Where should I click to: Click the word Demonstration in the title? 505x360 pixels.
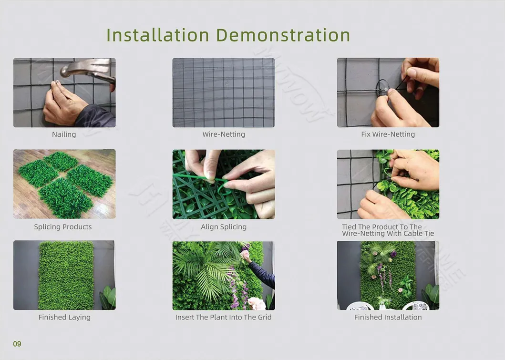click(283, 35)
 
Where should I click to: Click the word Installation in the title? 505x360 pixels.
click(158, 35)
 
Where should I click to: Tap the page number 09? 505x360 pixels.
click(17, 344)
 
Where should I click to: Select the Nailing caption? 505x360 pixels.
click(64, 134)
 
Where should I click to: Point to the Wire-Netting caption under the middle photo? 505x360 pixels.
click(224, 134)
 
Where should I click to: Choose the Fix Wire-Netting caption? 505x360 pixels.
click(388, 134)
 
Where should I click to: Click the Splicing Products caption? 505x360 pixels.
click(63, 226)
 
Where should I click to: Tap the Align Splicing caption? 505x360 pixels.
click(224, 226)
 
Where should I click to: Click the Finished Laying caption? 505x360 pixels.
click(64, 317)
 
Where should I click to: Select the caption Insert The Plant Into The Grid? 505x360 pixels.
click(223, 317)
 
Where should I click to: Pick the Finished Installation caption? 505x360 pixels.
click(388, 317)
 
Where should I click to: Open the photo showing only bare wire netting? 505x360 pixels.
click(224, 93)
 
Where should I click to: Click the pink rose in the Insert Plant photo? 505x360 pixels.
click(257, 303)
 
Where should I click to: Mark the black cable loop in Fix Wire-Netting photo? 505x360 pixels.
click(382, 86)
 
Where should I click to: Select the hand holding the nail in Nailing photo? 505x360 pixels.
click(64, 103)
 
